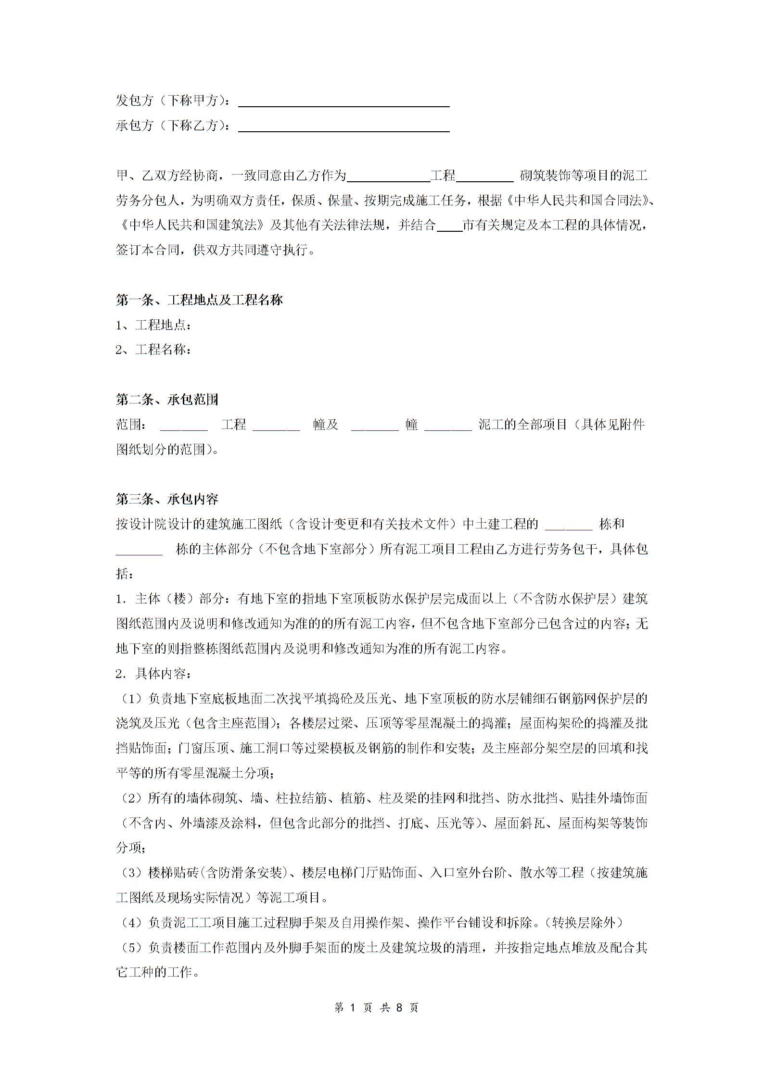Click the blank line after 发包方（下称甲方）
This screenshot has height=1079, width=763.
click(x=343, y=102)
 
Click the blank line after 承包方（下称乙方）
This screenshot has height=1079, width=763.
click(x=343, y=127)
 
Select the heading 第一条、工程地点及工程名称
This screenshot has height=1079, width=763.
click(x=199, y=301)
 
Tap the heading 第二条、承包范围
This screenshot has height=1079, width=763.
click(x=167, y=400)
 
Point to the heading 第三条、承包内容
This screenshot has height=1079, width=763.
click(x=167, y=499)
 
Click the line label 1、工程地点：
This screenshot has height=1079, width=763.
click(x=153, y=326)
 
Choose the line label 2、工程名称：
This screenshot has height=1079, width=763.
click(x=153, y=350)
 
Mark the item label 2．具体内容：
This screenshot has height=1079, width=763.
click(x=153, y=674)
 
